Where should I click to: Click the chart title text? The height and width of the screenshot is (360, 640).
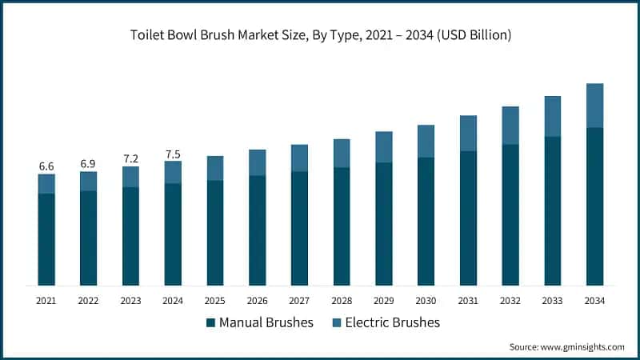[320, 36]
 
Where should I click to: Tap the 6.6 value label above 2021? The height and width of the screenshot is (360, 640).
[46, 166]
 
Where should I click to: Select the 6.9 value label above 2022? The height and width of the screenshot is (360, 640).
[88, 163]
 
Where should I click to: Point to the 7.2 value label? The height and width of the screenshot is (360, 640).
[130, 158]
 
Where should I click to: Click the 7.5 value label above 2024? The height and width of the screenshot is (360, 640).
[173, 154]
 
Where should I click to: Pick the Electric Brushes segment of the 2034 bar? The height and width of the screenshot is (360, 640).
[594, 106]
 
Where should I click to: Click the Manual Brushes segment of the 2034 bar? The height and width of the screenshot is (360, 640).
[594, 206]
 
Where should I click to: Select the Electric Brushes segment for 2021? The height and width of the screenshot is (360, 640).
[46, 184]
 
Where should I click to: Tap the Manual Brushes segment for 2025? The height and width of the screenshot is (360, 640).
[215, 233]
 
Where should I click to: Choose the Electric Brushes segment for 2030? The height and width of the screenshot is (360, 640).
[426, 142]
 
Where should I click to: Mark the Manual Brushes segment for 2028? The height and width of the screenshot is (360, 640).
[342, 226]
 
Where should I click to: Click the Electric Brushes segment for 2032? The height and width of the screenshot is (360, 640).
[510, 126]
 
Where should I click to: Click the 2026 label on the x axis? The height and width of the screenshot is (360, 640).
[257, 301]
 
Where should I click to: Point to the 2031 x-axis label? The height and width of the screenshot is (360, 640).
[468, 301]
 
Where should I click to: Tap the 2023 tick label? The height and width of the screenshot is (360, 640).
[130, 301]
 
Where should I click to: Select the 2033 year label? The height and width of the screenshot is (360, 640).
[552, 301]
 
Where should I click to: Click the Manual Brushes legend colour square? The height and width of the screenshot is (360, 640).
[210, 322]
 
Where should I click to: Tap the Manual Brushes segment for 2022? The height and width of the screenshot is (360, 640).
[88, 238]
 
